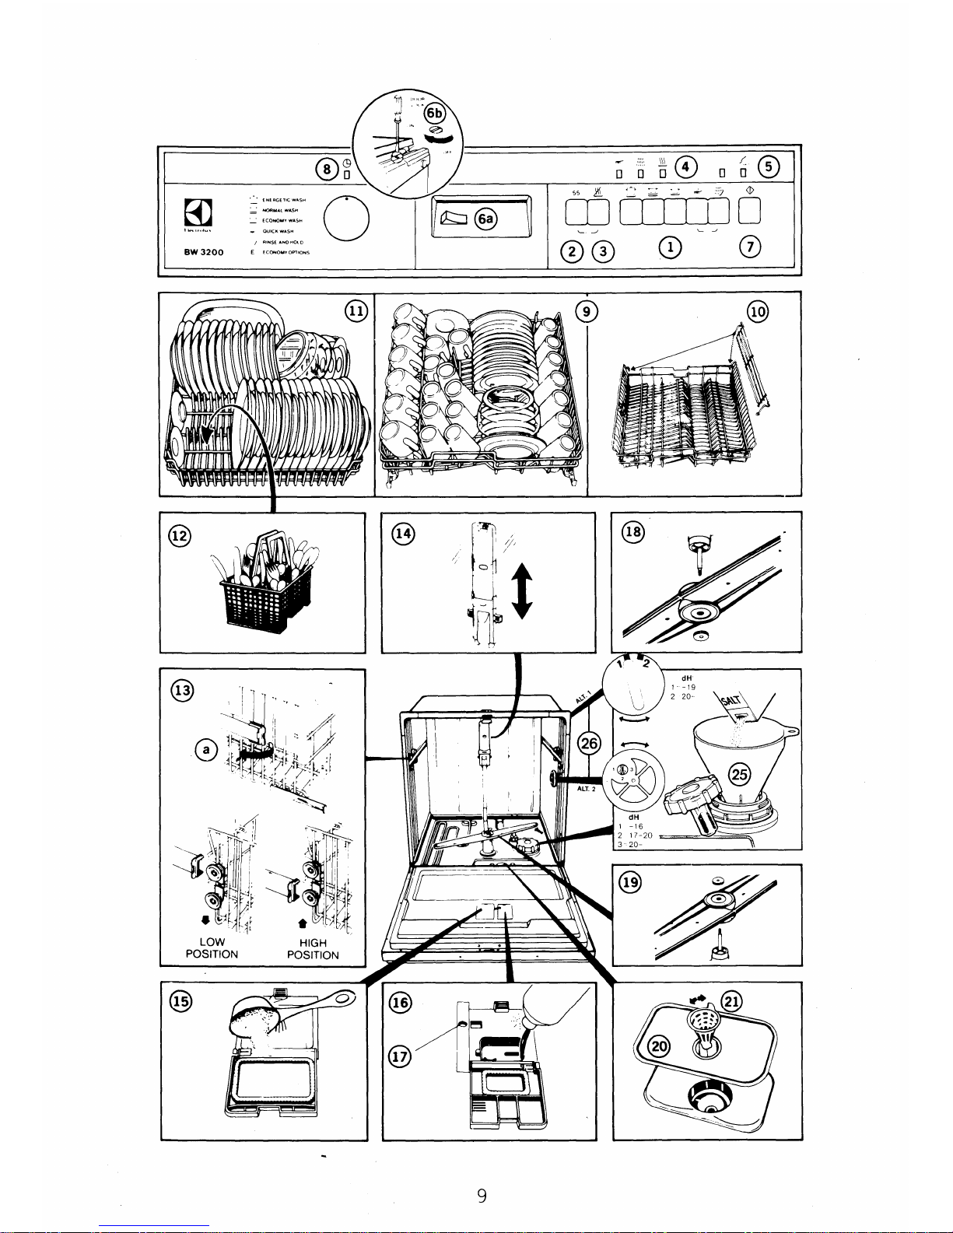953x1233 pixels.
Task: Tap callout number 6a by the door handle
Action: coord(486,219)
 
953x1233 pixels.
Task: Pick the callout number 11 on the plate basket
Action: coord(355,310)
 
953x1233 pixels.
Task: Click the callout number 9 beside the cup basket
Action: coord(590,310)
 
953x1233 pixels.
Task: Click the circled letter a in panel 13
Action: coord(205,749)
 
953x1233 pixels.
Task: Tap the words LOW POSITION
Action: coord(211,948)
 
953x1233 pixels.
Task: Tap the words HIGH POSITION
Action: coord(313,948)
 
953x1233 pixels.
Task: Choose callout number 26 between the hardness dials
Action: coord(590,744)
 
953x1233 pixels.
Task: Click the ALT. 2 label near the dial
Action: coord(586,789)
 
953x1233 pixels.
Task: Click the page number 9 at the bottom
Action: coord(482,1195)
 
